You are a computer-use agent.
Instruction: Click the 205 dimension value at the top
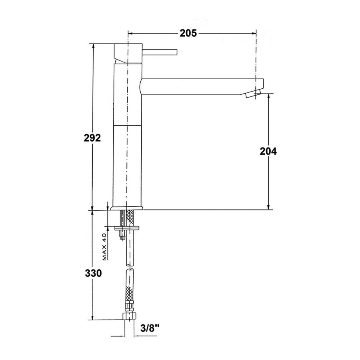[188, 34]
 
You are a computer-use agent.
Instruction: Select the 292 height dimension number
[92, 138]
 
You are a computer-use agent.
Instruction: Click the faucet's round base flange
[128, 208]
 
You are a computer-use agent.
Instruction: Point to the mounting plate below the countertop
[128, 228]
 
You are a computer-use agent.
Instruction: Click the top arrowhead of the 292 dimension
[93, 45]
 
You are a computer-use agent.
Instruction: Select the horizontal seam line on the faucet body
[128, 125]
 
